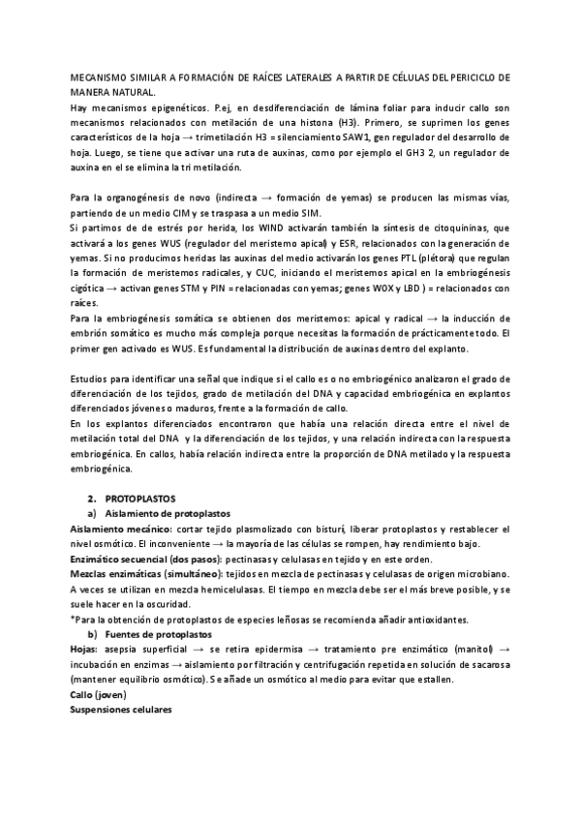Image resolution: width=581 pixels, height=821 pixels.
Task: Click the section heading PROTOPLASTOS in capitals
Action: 138,496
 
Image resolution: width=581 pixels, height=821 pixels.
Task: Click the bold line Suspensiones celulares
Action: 121,710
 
